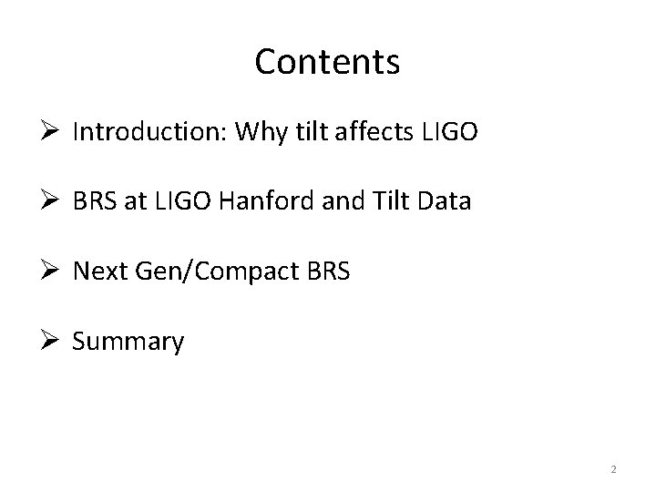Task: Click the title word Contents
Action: tap(327, 62)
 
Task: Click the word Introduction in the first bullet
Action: tap(149, 133)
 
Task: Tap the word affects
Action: tap(378, 133)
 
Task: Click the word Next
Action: tap(97, 272)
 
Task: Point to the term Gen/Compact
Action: tap(210, 272)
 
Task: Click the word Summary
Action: tap(128, 342)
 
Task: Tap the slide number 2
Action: tap(613, 469)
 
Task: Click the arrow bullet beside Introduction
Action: tap(51, 133)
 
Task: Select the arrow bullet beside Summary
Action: tap(51, 342)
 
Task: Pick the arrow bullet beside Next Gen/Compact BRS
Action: tap(51, 272)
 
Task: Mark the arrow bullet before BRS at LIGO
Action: tap(51, 201)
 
